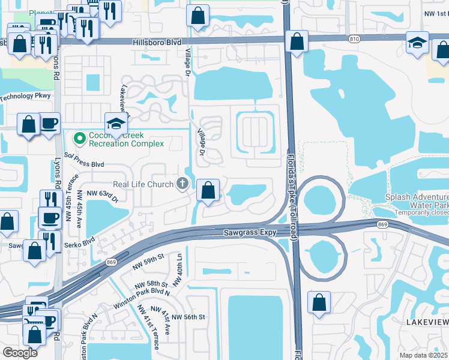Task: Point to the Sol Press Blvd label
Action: pyautogui.click(x=84, y=163)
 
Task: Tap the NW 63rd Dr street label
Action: pyautogui.click(x=103, y=193)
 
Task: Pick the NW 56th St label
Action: pyautogui.click(x=188, y=317)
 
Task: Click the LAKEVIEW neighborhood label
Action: pyautogui.click(x=426, y=322)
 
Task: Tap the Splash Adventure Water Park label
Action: pyautogui.click(x=417, y=200)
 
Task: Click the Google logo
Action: pyautogui.click(x=20, y=352)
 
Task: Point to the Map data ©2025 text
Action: pyautogui.click(x=423, y=355)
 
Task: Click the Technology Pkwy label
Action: pyautogui.click(x=26, y=96)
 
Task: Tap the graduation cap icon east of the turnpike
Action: pyautogui.click(x=417, y=42)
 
